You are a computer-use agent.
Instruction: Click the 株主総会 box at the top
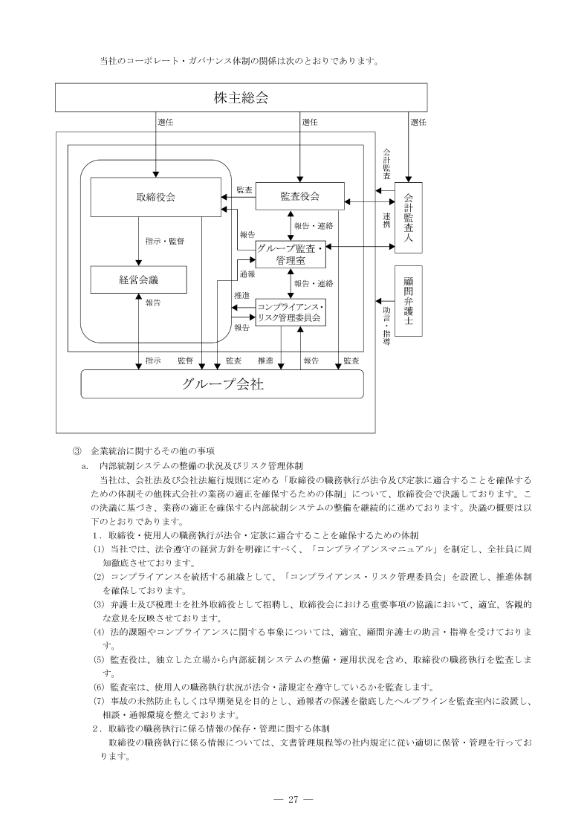241,97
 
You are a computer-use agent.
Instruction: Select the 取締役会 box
156,197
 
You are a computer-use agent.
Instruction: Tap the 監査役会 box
300,196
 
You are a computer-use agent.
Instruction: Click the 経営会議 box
138,279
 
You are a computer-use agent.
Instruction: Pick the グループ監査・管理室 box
290,255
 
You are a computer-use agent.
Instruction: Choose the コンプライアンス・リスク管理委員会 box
290,312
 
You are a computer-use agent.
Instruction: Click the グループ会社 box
222,384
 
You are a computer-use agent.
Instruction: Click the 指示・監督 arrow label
166,241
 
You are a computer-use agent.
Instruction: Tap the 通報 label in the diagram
247,274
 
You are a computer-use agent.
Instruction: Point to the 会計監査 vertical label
386,162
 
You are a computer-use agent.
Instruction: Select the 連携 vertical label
386,221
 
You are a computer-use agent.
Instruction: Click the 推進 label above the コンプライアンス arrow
241,296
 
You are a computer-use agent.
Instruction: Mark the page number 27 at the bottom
293,799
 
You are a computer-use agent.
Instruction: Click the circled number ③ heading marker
75,450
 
